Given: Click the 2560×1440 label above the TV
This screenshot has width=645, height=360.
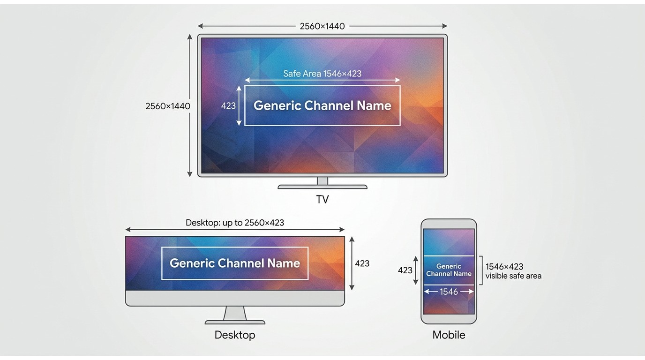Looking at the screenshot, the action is (x=322, y=26).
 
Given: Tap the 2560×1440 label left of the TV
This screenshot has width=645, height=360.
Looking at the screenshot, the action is (x=168, y=106).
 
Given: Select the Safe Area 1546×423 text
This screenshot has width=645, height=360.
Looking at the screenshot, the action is (x=322, y=74).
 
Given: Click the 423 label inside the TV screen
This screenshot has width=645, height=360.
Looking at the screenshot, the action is (x=228, y=106).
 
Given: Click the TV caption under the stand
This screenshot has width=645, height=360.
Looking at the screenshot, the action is (x=322, y=199).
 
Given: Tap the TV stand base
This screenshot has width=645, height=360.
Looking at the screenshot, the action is (x=322, y=187).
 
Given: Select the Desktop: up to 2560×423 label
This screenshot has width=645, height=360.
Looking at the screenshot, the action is (x=235, y=223).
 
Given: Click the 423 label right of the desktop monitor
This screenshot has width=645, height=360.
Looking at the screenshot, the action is (x=362, y=263).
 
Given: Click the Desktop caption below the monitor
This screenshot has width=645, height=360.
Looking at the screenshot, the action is (x=235, y=335).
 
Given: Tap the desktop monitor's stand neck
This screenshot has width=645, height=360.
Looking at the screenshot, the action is (x=235, y=313).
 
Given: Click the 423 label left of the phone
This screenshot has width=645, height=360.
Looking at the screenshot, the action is (x=405, y=270).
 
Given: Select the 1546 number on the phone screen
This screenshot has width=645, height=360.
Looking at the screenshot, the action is (x=449, y=292).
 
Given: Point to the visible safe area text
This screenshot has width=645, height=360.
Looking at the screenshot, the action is (x=513, y=276).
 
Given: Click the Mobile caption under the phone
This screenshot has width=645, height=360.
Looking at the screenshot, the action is (x=449, y=335).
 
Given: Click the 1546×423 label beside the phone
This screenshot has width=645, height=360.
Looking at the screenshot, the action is (x=504, y=266).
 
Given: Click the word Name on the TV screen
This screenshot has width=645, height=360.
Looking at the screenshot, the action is (x=374, y=105).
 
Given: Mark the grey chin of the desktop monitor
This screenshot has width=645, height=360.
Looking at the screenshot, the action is (x=235, y=298).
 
